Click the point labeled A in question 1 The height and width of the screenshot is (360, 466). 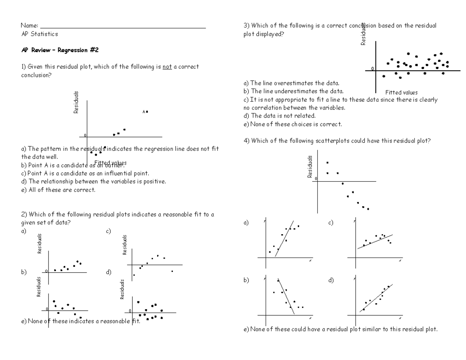(147, 111)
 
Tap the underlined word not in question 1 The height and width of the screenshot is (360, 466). (167, 67)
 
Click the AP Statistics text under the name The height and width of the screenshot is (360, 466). (39, 34)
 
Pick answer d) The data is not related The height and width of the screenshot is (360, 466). (279, 116)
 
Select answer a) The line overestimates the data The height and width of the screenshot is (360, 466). (291, 83)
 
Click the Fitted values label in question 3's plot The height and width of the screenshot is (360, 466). (401, 92)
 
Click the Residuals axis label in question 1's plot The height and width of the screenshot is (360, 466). (77, 102)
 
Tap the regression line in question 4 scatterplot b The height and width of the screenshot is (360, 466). (286, 296)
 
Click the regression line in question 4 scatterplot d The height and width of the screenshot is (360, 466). (376, 298)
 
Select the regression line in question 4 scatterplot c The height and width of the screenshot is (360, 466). (375, 242)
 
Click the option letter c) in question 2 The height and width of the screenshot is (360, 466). (108, 231)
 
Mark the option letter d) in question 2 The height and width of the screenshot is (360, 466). (108, 272)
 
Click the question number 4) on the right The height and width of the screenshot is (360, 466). (246, 141)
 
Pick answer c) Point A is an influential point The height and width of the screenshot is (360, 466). (85, 173)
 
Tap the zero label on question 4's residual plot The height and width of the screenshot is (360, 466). (316, 179)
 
